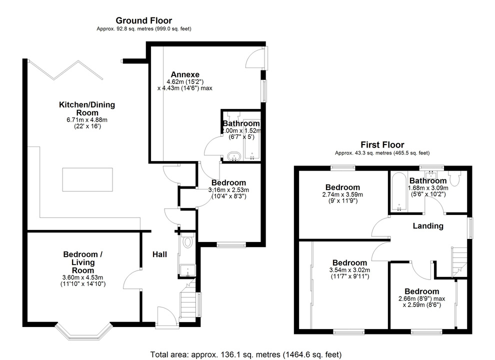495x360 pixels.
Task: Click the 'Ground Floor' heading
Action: pyautogui.click(x=143, y=20)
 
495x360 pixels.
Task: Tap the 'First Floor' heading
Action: pyautogui.click(x=382, y=145)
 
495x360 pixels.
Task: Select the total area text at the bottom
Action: pyautogui.click(x=247, y=354)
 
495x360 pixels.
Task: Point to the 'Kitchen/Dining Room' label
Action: pyautogui.click(x=87, y=108)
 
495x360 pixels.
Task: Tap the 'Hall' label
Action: pyautogui.click(x=159, y=254)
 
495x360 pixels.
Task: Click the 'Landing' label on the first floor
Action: pyautogui.click(x=427, y=226)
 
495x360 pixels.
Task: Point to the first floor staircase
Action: pyautogui.click(x=458, y=260)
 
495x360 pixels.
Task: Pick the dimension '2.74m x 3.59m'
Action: pyautogui.click(x=342, y=195)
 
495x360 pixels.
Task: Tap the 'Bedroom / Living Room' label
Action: pyautogui.click(x=83, y=262)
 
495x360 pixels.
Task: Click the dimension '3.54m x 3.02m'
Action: pyautogui.click(x=350, y=270)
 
